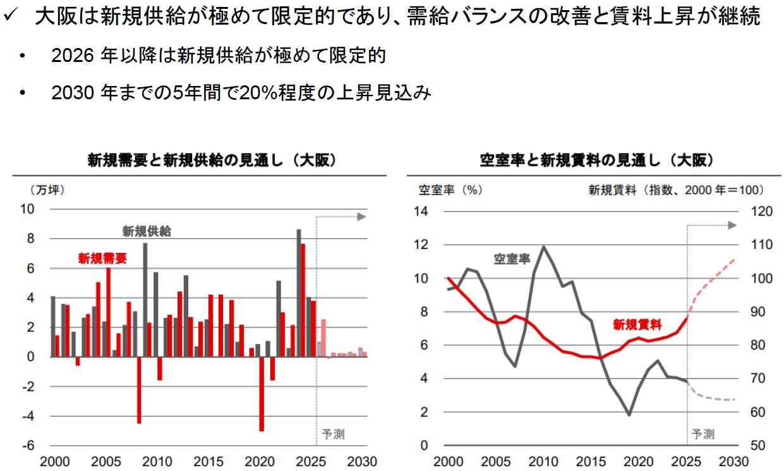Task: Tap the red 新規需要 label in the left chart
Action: [102, 259]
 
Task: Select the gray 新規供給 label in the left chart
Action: [147, 231]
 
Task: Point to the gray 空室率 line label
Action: [512, 259]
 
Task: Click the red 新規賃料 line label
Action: [637, 324]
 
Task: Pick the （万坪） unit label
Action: [47, 190]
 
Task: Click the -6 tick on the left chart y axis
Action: [28, 446]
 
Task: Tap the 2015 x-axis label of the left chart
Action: [208, 462]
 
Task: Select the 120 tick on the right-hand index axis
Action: [762, 211]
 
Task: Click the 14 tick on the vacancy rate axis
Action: [421, 211]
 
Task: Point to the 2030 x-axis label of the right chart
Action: [733, 462]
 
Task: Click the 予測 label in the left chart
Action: [333, 434]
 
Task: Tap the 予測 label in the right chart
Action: [703, 434]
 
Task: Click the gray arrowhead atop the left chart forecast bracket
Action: [361, 217]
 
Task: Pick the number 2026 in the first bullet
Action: [73, 56]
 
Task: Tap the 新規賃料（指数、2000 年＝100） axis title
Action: [676, 190]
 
